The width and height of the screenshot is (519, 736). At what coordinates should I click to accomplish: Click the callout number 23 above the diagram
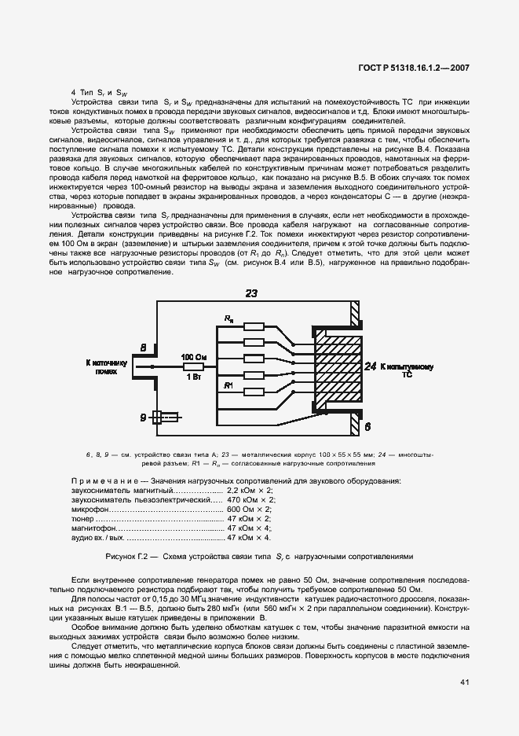[251, 293]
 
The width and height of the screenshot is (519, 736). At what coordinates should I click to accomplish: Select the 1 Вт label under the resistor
[194, 377]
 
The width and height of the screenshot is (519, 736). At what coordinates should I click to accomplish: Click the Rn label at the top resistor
[228, 318]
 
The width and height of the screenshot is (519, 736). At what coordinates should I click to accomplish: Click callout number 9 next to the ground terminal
[142, 416]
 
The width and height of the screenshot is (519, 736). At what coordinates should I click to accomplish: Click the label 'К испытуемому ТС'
[408, 370]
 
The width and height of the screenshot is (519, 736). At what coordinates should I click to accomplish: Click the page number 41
[464, 682]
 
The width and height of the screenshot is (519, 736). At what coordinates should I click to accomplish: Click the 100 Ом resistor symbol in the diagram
[194, 366]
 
